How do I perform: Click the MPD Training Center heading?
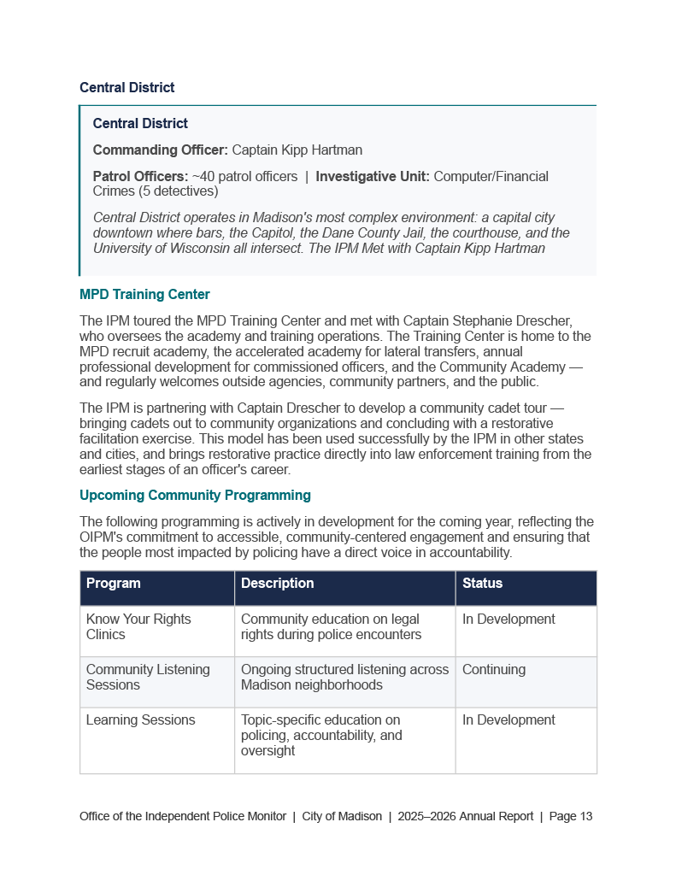pyautogui.click(x=144, y=295)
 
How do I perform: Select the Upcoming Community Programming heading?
pyautogui.click(x=195, y=496)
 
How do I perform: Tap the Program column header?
pyautogui.click(x=114, y=584)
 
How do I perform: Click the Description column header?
pyautogui.click(x=278, y=584)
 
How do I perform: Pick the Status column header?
pyautogui.click(x=483, y=584)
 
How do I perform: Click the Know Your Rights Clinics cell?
pyautogui.click(x=138, y=626)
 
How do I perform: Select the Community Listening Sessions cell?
pyautogui.click(x=148, y=677)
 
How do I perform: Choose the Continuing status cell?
pyautogui.click(x=494, y=670)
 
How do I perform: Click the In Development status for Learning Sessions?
pyautogui.click(x=508, y=720)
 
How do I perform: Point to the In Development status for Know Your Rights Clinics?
pyautogui.click(x=508, y=620)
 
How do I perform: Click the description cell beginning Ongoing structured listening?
pyautogui.click(x=344, y=677)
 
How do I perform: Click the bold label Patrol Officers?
pyautogui.click(x=140, y=177)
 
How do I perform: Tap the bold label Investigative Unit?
pyautogui.click(x=373, y=177)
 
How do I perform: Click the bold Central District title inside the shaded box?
pyautogui.click(x=140, y=124)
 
